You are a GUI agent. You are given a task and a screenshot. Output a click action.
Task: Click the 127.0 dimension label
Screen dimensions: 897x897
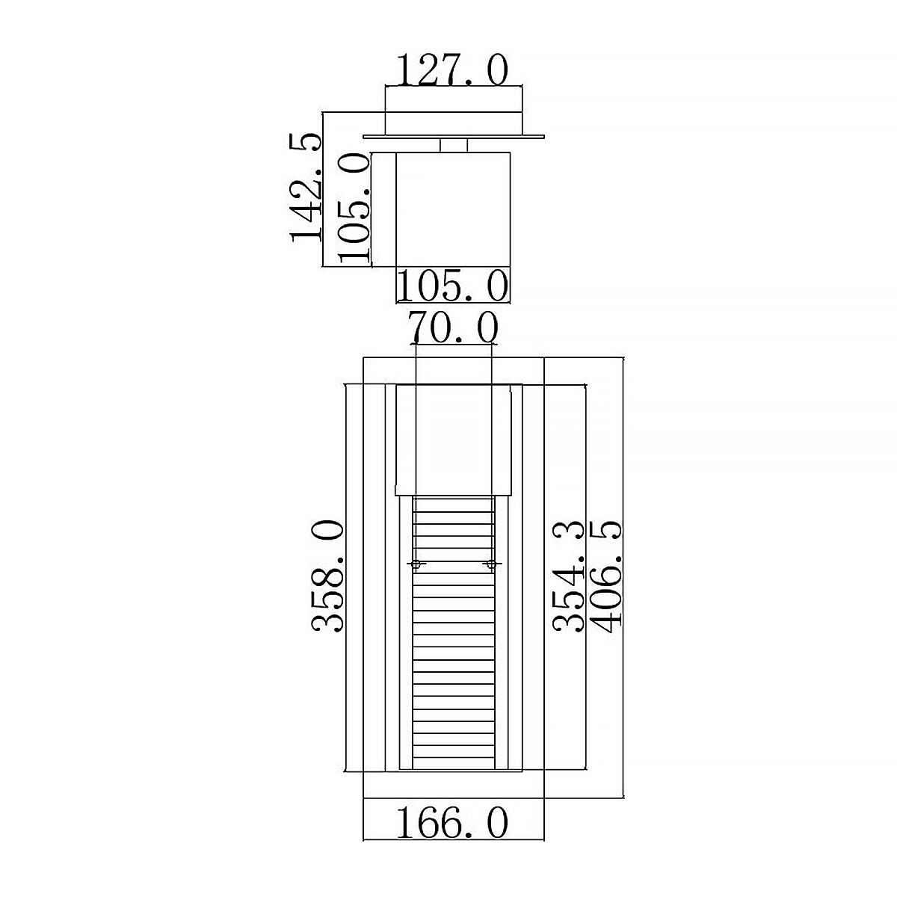pos(451,70)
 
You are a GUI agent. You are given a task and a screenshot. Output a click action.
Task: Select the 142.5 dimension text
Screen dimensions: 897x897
pos(306,187)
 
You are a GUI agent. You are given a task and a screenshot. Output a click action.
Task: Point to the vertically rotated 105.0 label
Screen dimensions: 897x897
pos(354,207)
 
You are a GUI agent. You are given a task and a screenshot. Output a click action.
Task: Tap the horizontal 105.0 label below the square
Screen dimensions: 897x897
pos(451,286)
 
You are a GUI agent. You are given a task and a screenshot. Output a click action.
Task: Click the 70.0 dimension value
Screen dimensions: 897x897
pos(453,327)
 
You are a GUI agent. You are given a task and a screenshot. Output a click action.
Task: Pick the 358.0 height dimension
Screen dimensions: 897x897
pos(327,577)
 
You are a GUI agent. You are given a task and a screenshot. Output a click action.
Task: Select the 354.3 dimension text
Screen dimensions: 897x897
pos(570,577)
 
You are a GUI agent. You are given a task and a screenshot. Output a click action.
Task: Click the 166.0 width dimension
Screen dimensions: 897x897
pos(451,824)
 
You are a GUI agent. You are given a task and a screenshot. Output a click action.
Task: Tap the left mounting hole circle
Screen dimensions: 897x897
pos(416,564)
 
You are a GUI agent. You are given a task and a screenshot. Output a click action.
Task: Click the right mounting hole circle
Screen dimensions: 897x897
pos(490,564)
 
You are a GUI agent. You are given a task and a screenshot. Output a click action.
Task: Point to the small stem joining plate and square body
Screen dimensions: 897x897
pos(454,145)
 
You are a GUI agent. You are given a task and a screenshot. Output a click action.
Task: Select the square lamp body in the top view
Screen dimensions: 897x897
pos(453,209)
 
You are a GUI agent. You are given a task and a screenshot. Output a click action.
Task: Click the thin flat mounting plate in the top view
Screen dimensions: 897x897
pos(454,136)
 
